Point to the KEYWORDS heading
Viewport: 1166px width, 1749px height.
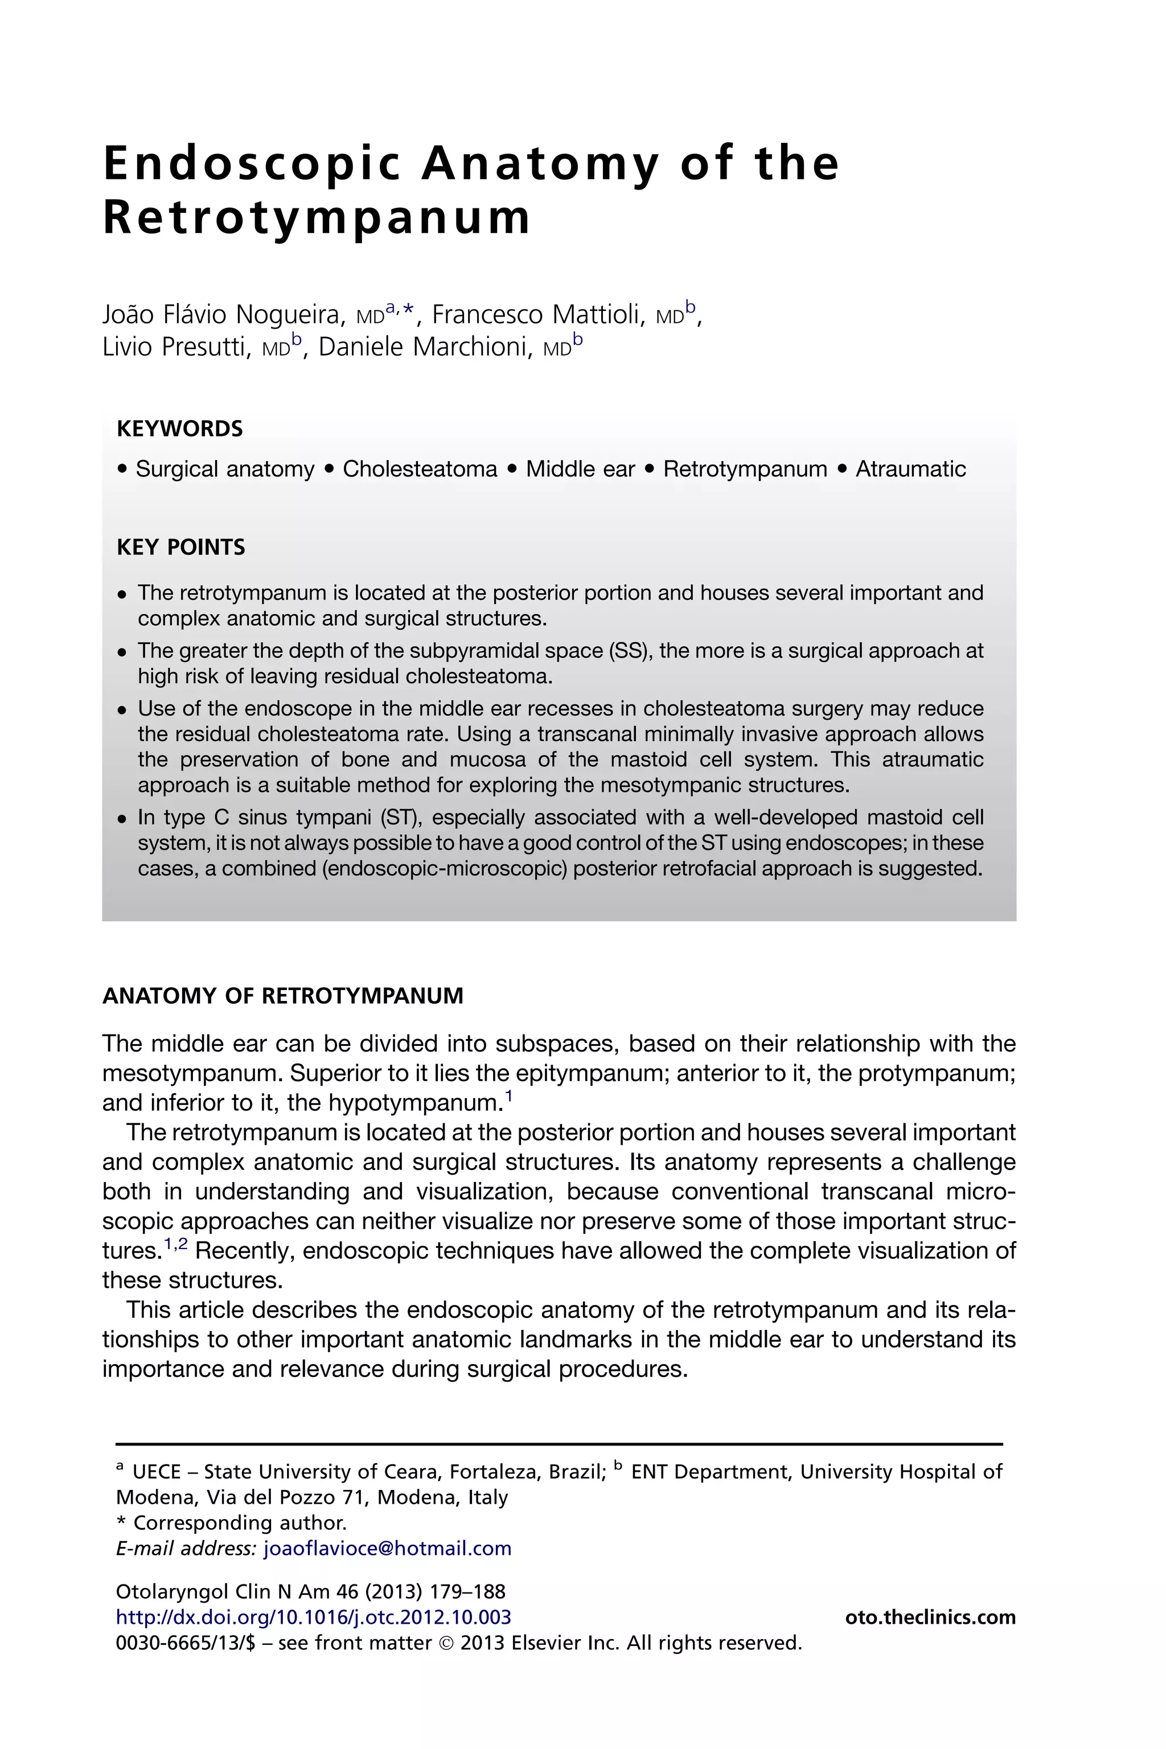point(180,429)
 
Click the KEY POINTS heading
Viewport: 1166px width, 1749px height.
point(180,547)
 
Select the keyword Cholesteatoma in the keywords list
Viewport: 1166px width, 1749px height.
point(420,469)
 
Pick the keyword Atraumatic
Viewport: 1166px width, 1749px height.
point(910,469)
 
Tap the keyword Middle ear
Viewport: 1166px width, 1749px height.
point(580,469)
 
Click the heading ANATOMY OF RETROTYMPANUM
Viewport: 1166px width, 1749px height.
point(282,996)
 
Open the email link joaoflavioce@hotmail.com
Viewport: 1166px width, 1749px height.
point(387,1548)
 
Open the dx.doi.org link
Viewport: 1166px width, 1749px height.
point(314,1617)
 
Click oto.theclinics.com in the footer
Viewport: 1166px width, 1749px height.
point(930,1617)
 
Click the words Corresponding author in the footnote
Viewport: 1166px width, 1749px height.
point(240,1523)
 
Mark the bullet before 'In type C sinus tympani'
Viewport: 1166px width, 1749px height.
point(123,819)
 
